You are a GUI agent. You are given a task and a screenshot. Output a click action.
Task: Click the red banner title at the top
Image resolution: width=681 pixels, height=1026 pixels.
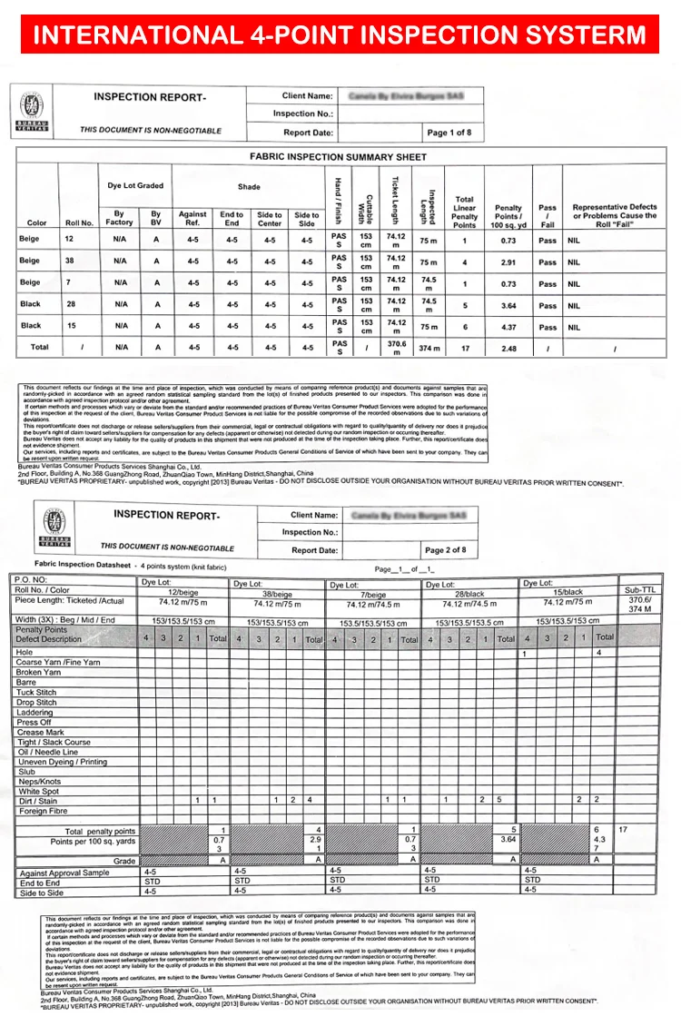pos(340,35)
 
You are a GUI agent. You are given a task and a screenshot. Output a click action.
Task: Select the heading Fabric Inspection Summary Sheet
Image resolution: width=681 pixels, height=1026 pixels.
pos(338,156)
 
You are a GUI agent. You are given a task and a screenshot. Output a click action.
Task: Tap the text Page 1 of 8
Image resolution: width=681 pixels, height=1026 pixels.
pos(449,133)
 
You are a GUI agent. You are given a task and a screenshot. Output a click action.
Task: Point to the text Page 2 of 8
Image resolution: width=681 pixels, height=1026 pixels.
pos(445,549)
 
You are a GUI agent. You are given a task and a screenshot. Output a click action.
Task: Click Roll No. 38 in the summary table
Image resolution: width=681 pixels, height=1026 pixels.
pos(69,261)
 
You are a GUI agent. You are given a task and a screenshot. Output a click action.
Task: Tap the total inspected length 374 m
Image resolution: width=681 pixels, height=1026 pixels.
pos(429,349)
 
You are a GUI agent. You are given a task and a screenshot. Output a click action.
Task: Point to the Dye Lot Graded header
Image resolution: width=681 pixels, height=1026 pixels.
pos(134,185)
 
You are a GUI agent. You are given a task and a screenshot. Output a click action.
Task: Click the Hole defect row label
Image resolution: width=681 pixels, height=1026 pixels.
pos(25,652)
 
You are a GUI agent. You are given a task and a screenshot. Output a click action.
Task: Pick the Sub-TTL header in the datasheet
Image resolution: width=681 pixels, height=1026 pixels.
pos(639,590)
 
